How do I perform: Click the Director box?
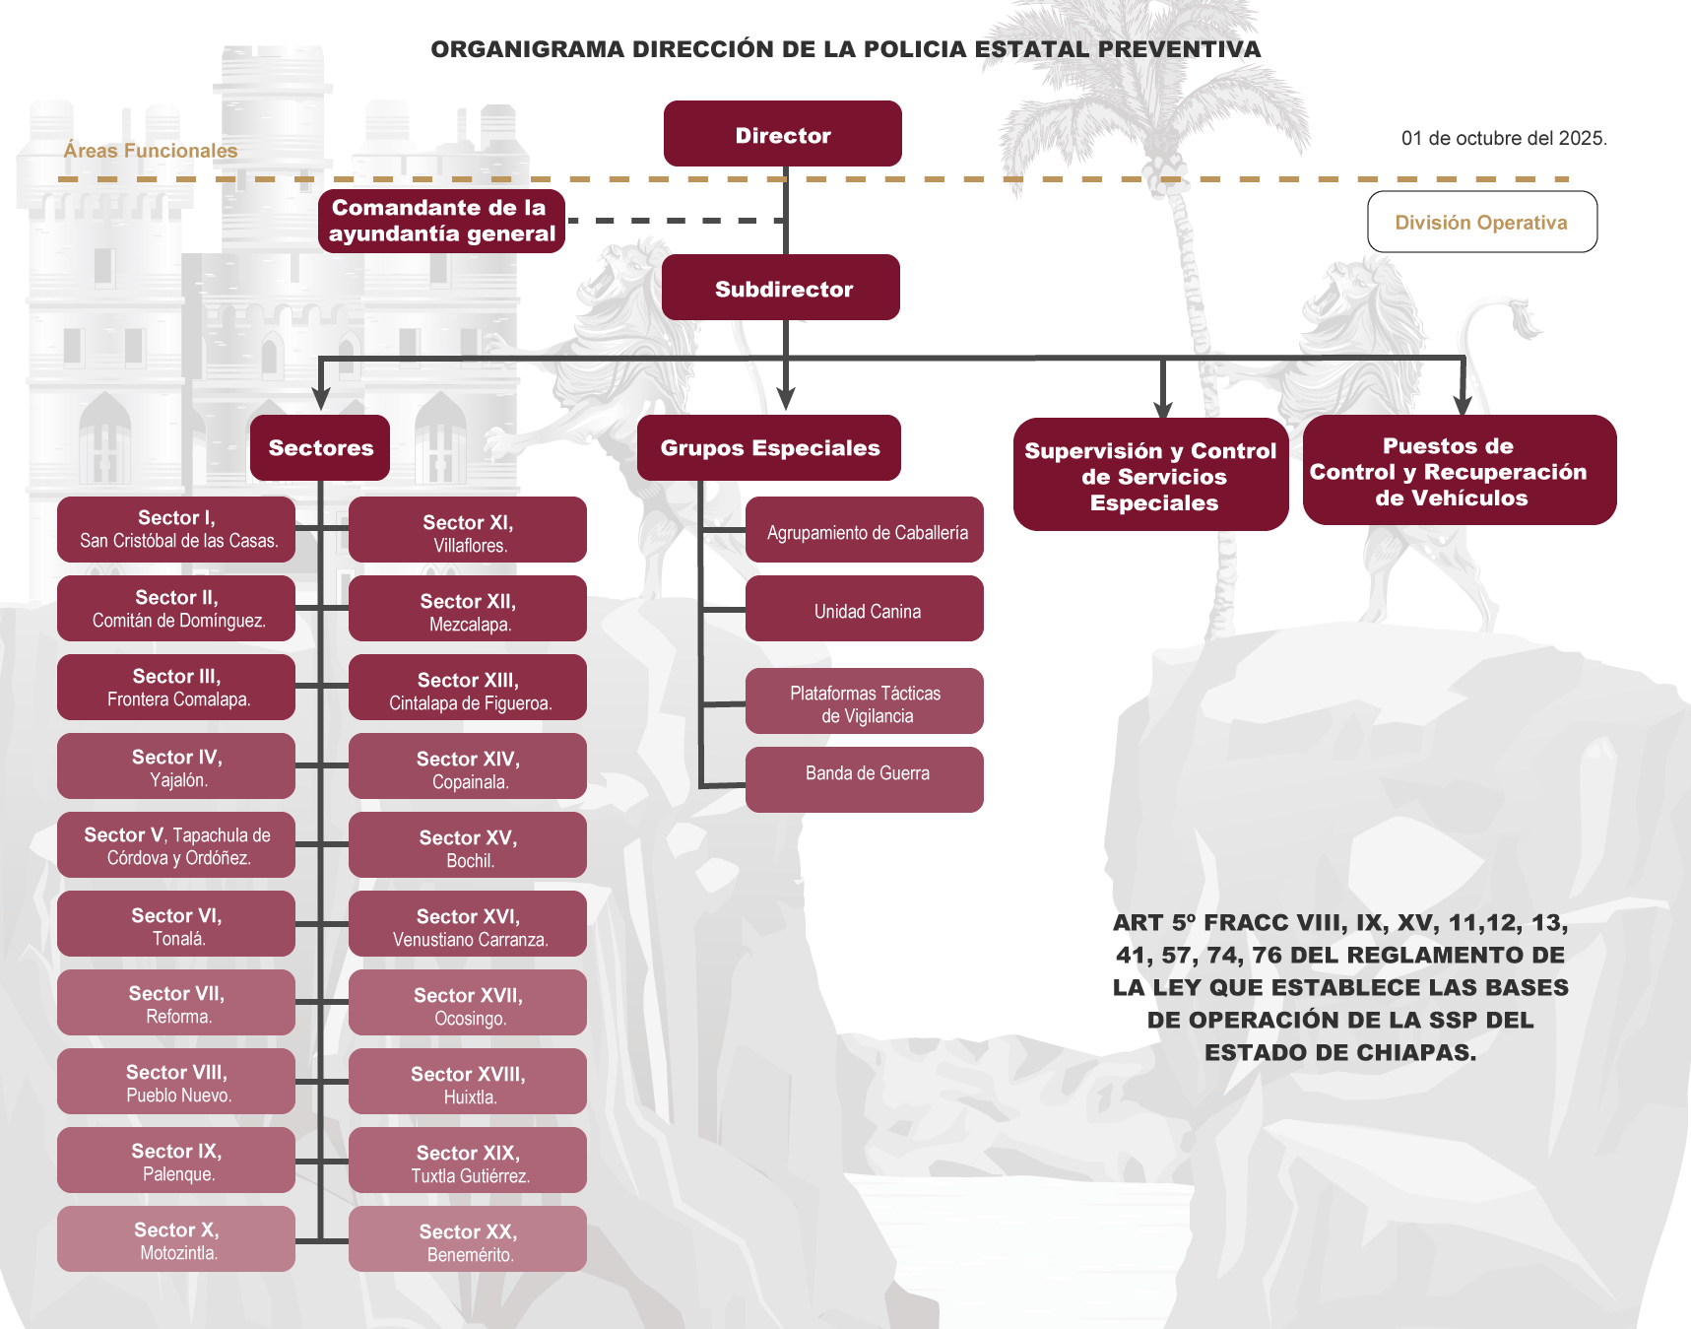click(782, 134)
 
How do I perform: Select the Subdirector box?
click(781, 288)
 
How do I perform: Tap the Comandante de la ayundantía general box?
click(441, 221)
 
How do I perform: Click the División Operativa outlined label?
click(1481, 222)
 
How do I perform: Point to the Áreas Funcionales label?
click(151, 151)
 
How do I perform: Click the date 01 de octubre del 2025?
click(1503, 138)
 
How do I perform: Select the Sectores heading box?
click(320, 447)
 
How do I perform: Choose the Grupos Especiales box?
click(769, 447)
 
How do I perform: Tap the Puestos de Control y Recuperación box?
click(1459, 471)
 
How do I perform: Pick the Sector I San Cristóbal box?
click(176, 529)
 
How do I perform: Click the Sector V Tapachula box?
click(176, 845)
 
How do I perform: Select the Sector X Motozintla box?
click(176, 1239)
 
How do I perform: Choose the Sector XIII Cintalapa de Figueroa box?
click(468, 688)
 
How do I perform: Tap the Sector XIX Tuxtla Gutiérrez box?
click(468, 1161)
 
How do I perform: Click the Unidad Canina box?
click(865, 609)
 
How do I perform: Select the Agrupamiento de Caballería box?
click(865, 530)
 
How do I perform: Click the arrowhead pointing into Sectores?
click(321, 398)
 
